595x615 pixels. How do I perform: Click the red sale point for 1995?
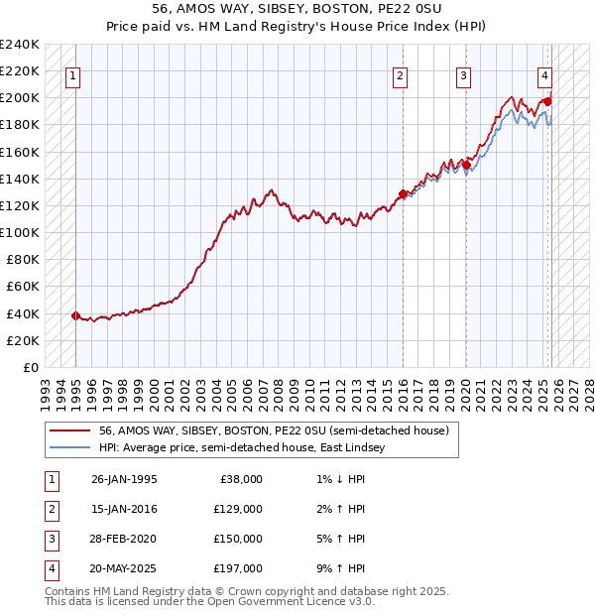[x=75, y=315]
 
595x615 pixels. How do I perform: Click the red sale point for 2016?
[x=403, y=193]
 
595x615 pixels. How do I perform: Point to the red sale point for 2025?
[x=548, y=101]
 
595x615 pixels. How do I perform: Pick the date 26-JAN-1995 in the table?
[x=124, y=479]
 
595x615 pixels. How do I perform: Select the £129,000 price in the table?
[x=239, y=509]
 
